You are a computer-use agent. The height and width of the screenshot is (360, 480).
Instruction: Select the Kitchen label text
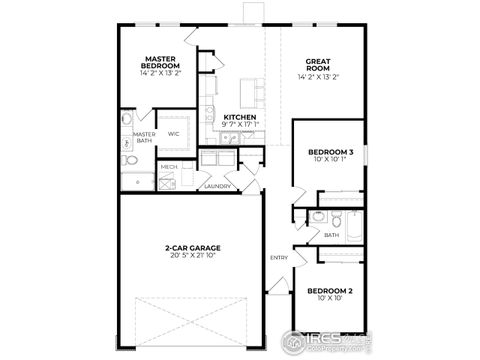[x=240, y=116]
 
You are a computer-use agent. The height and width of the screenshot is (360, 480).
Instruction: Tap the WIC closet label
[x=173, y=133]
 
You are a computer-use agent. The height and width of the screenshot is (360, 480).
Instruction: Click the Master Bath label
[x=144, y=138]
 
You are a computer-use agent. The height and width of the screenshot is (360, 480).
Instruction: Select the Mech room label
[x=169, y=167]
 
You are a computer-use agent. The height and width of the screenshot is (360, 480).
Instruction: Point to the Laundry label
[x=217, y=186]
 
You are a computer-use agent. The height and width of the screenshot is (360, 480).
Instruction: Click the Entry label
[x=278, y=258]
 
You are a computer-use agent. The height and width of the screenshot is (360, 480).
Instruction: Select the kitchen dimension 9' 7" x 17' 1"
[x=240, y=124]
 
